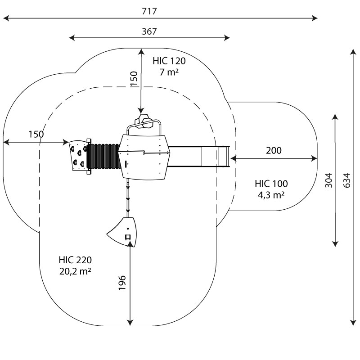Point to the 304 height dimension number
coord(328,180)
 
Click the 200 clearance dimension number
coord(274,150)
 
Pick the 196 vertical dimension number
coord(122,282)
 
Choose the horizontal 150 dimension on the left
coord(36,134)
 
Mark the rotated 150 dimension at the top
coord(134,79)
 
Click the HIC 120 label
coord(169,61)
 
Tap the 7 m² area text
coord(169,72)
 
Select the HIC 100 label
coord(271,184)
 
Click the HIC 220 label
coord(75,260)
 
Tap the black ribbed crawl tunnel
coord(103,156)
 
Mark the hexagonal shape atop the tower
coord(145,121)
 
